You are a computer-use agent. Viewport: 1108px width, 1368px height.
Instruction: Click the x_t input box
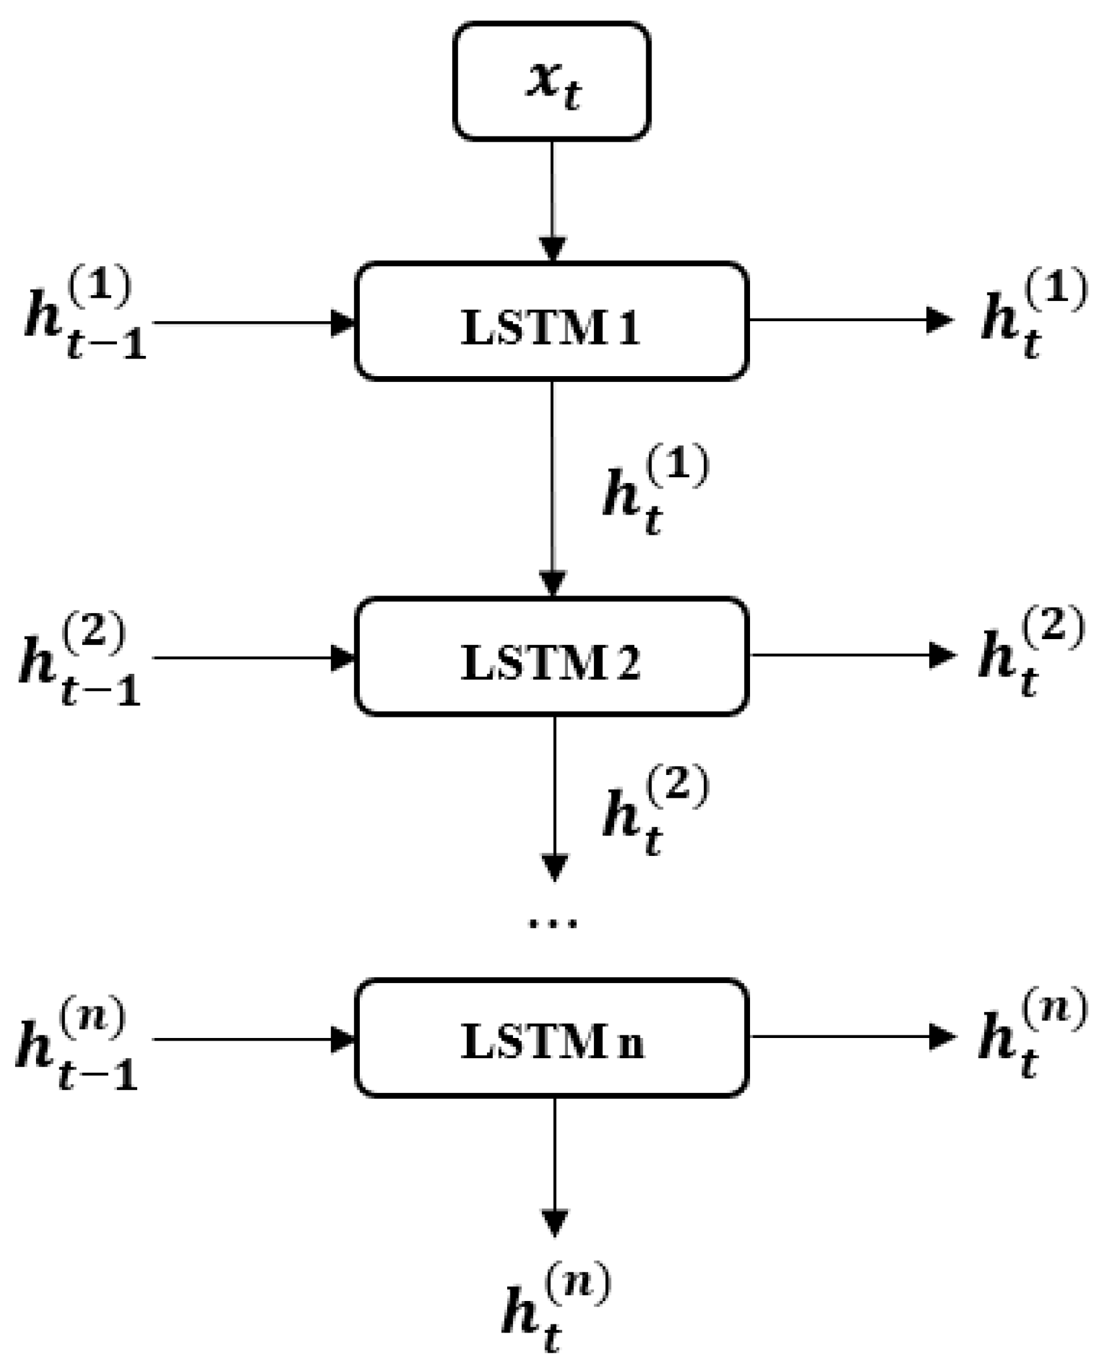(x=551, y=81)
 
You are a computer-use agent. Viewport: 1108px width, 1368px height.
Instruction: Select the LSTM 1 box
(x=551, y=321)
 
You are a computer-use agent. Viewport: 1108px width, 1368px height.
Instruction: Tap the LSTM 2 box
(x=551, y=657)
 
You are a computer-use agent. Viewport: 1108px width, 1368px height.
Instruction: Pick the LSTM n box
(x=551, y=1037)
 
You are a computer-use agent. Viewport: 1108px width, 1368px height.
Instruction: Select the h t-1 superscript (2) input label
(x=80, y=661)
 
